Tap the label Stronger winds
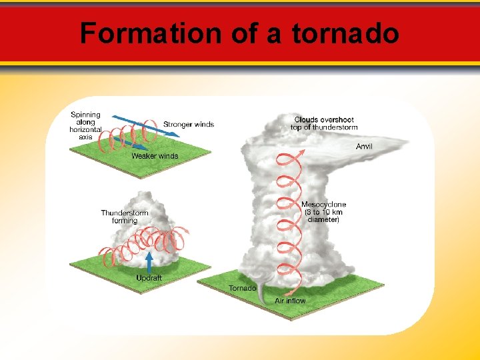tap(189, 124)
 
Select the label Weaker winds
tap(155, 156)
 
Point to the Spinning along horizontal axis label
tap(85, 126)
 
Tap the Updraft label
tap(149, 277)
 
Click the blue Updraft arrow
tap(149, 262)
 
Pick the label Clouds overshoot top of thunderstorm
tap(326, 123)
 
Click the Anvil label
tap(364, 146)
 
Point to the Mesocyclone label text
tap(323, 211)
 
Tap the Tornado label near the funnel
tap(242, 288)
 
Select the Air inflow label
tap(290, 301)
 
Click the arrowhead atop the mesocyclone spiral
tap(301, 152)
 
